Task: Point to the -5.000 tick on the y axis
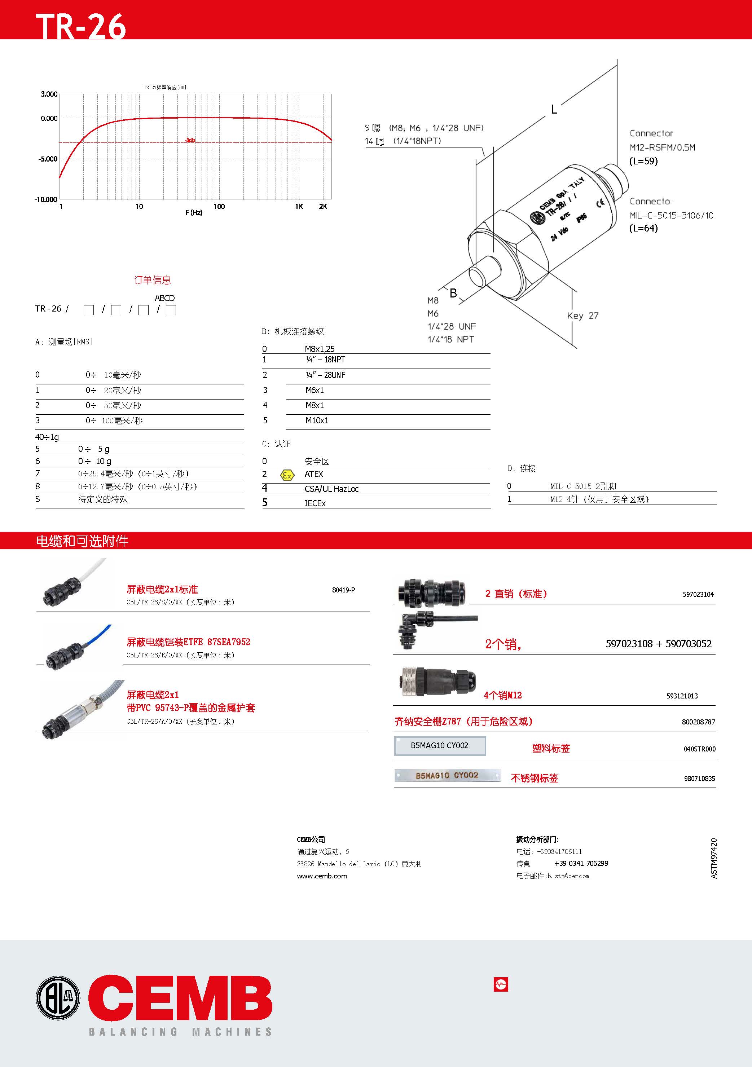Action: click(48, 159)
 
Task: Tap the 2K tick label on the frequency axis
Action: click(323, 206)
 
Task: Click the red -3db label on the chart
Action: click(190, 140)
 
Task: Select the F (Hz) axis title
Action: click(194, 212)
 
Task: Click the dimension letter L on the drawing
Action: click(554, 110)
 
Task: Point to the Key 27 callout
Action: click(582, 316)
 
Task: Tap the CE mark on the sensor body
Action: click(601, 203)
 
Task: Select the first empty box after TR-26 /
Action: click(89, 310)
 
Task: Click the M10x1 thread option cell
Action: click(317, 420)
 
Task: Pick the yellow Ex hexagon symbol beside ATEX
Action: click(287, 475)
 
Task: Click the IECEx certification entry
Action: click(315, 503)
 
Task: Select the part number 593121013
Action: click(682, 696)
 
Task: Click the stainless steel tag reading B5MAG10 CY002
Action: click(447, 775)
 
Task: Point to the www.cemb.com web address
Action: click(322, 876)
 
